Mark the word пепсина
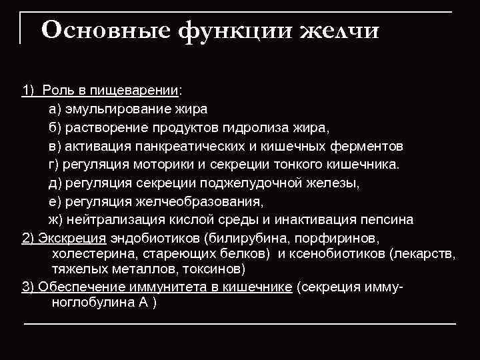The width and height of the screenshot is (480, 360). click(388, 219)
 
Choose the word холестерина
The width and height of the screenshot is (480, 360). click(89, 254)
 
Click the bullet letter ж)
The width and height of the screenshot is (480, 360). click(55, 219)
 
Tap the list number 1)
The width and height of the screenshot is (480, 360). click(29, 90)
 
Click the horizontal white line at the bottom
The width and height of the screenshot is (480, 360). click(240, 323)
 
